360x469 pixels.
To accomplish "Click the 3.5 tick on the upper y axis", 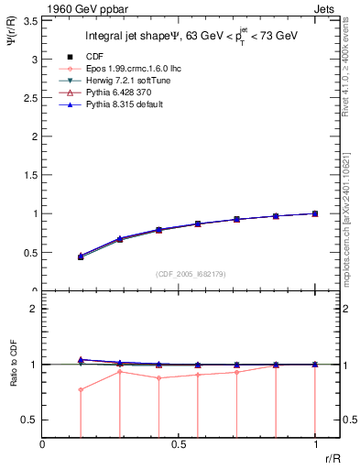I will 31,20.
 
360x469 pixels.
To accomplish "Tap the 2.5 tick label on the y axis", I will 31,97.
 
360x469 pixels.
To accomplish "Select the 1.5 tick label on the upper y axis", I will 31,175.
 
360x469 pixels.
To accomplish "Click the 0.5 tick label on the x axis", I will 179,444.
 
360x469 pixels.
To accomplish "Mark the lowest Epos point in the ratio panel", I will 82,389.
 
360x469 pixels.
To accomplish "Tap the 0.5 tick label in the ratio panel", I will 32,420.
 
